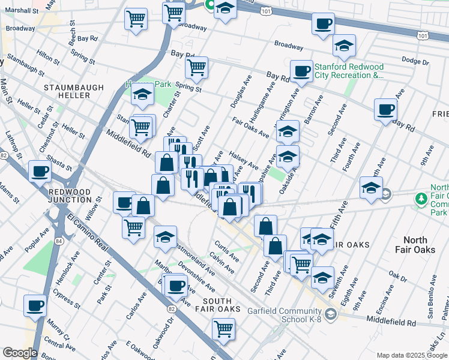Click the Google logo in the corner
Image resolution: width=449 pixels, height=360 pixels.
[20, 353]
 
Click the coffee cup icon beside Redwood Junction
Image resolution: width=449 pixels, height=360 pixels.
[40, 170]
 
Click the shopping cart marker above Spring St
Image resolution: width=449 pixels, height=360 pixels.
[196, 68]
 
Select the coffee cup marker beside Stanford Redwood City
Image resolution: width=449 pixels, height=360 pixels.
[301, 71]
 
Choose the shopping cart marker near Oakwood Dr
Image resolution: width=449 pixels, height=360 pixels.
[223, 328]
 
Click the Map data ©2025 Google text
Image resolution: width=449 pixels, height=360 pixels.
[412, 355]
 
